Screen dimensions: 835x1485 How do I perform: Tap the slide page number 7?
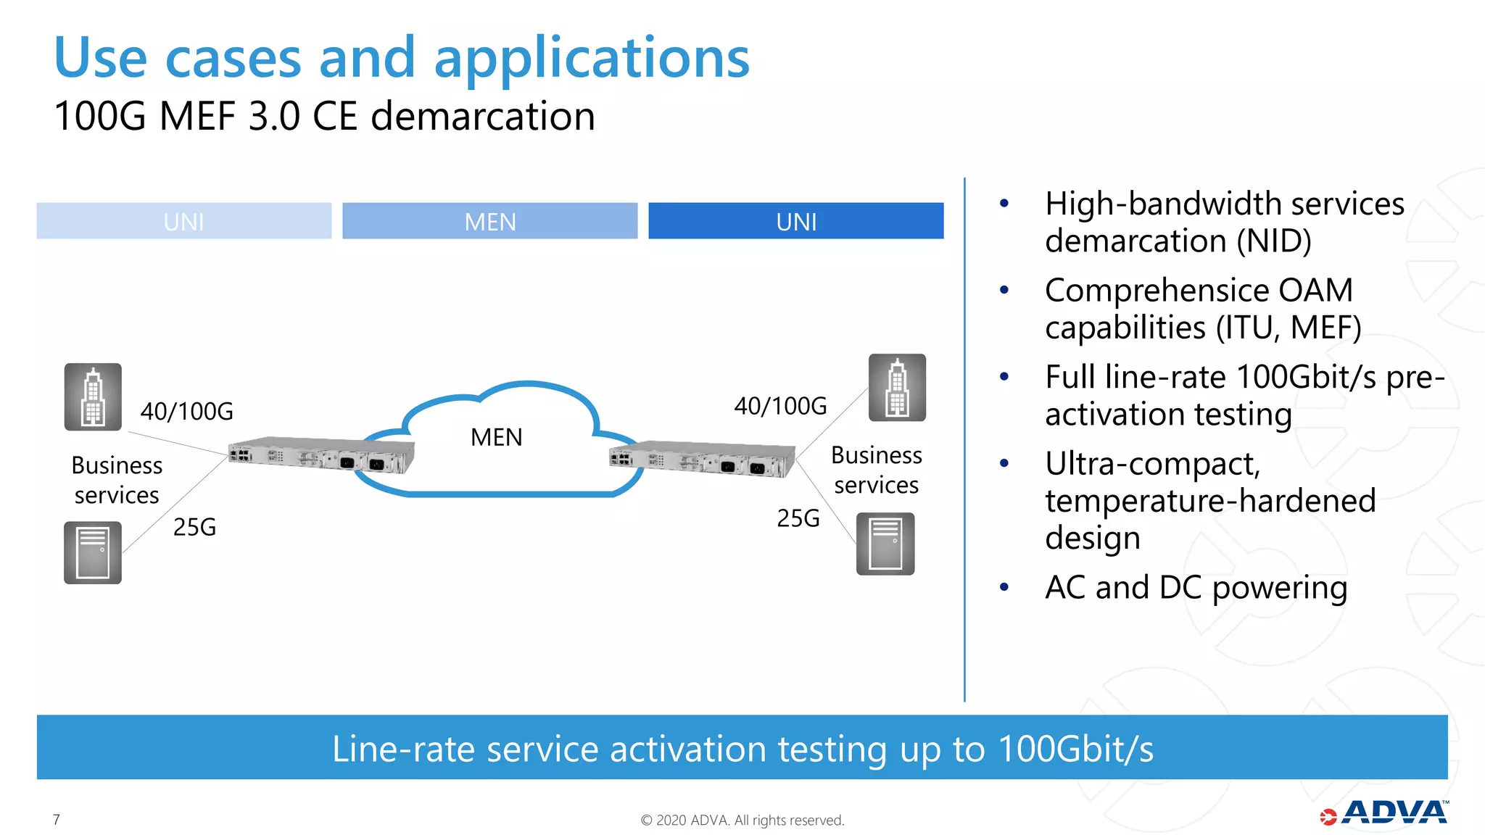tap(57, 819)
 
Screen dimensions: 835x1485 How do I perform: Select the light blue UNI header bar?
tap(184, 221)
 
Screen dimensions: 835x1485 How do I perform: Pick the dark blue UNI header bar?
tap(795, 221)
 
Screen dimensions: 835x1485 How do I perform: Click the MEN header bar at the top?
tap(490, 221)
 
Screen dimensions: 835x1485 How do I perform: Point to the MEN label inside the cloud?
tap(496, 437)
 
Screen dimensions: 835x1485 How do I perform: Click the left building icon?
tap(93, 397)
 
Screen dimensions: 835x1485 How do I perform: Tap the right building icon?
tap(897, 388)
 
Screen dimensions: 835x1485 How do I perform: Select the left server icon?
tap(93, 552)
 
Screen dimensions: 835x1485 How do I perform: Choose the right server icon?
tap(885, 544)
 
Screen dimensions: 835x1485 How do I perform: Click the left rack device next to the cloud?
tap(321, 455)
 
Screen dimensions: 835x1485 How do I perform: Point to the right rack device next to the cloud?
tap(702, 459)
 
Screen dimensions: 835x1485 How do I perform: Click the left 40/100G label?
tap(186, 412)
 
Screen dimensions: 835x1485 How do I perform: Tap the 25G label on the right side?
tap(798, 518)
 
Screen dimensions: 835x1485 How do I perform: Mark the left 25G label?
tap(194, 527)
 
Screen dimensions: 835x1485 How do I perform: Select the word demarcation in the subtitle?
tap(482, 116)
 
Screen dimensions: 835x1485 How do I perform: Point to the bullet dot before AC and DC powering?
tap(1004, 587)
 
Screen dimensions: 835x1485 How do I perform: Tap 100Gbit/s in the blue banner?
tap(1075, 749)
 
